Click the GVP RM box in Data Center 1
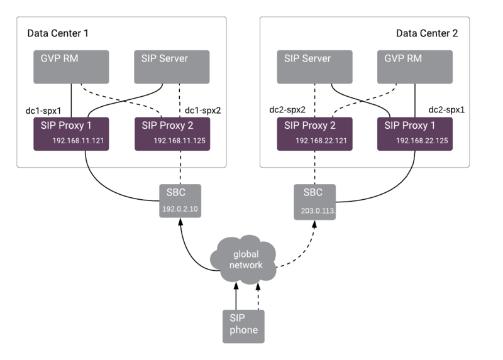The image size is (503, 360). pos(71,67)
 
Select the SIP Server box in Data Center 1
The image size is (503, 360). pos(172,67)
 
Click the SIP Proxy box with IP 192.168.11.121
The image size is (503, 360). pos(71,133)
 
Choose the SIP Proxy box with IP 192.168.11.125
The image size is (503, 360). pos(172,133)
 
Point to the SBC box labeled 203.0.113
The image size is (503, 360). pos(315,201)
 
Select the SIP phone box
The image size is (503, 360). pos(243,325)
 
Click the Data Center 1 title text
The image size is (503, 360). pos(56,33)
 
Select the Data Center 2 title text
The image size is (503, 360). pos(426,33)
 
